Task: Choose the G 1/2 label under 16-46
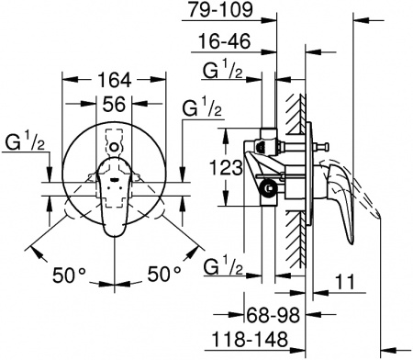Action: [x=224, y=73]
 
